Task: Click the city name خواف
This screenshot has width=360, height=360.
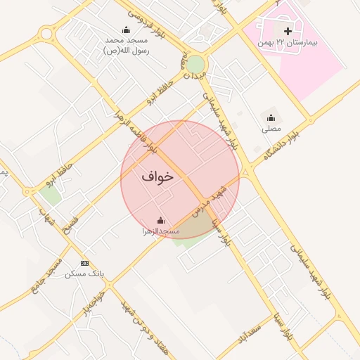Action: (157, 176)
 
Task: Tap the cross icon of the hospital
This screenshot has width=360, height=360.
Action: (288, 31)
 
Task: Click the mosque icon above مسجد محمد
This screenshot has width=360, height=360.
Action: (126, 30)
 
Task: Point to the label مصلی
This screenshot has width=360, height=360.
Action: (271, 129)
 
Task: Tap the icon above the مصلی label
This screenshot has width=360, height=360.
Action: (271, 117)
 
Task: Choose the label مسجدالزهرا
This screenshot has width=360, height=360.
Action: (160, 231)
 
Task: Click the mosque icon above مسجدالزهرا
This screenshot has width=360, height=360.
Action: (160, 220)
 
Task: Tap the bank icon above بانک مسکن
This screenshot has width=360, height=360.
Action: (85, 263)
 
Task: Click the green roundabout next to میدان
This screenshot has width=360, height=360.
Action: (195, 64)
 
